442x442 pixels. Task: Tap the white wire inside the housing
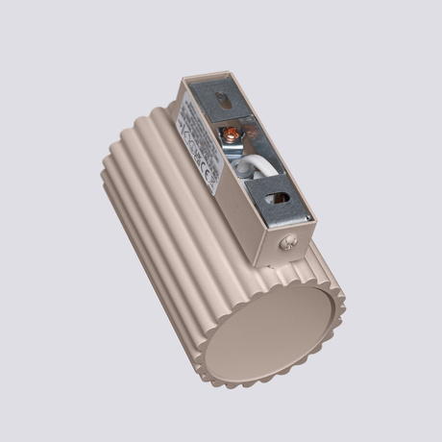[248, 167]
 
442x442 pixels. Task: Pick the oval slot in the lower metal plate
[282, 198]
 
